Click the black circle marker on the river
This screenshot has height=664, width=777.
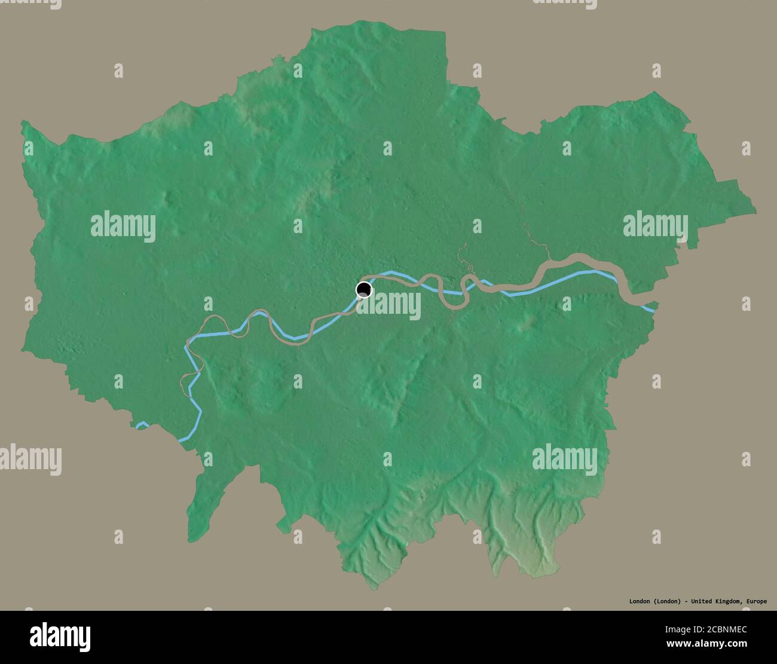363,290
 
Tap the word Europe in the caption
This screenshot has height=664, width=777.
755,601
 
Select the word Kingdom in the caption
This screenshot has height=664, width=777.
726,601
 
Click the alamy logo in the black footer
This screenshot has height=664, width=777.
62,634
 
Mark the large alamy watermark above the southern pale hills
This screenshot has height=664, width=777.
564,459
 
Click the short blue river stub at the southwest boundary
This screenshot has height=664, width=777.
142,426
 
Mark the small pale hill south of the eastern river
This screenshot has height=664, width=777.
530,323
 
